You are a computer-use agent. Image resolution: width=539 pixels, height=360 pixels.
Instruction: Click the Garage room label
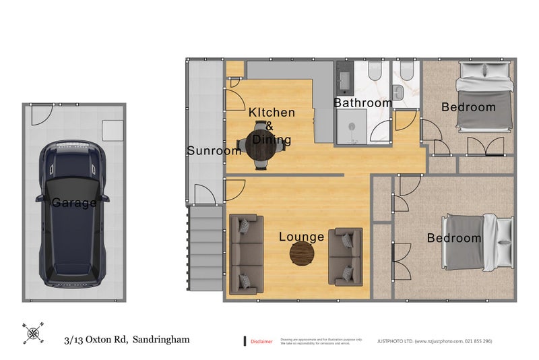point(74,202)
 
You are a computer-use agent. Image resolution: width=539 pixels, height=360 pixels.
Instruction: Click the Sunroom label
point(214,151)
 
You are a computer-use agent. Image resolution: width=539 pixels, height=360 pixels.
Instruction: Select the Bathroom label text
point(362,103)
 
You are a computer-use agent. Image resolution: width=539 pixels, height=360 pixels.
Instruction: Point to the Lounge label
point(302,237)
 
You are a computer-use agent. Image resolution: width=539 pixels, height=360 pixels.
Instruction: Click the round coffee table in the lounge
point(302,253)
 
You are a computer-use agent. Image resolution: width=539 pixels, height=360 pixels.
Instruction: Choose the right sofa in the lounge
point(345,256)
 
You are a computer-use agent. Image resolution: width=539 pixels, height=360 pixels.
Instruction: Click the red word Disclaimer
point(261,342)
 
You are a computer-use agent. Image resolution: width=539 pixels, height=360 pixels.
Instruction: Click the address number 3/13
point(75,340)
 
